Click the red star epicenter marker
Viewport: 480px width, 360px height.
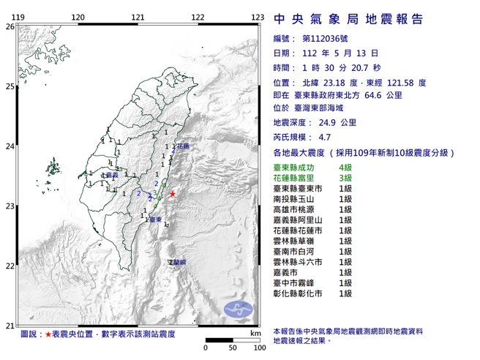[173, 194]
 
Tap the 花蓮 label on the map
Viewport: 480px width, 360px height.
[183, 147]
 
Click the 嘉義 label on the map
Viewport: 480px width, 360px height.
[111, 176]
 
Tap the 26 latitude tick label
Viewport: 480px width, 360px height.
[10, 26]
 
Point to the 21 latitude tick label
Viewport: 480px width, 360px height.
[10, 326]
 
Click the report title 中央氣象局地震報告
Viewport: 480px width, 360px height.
[348, 20]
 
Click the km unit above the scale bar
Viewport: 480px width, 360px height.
[255, 333]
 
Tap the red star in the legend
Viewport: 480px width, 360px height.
[48, 333]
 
